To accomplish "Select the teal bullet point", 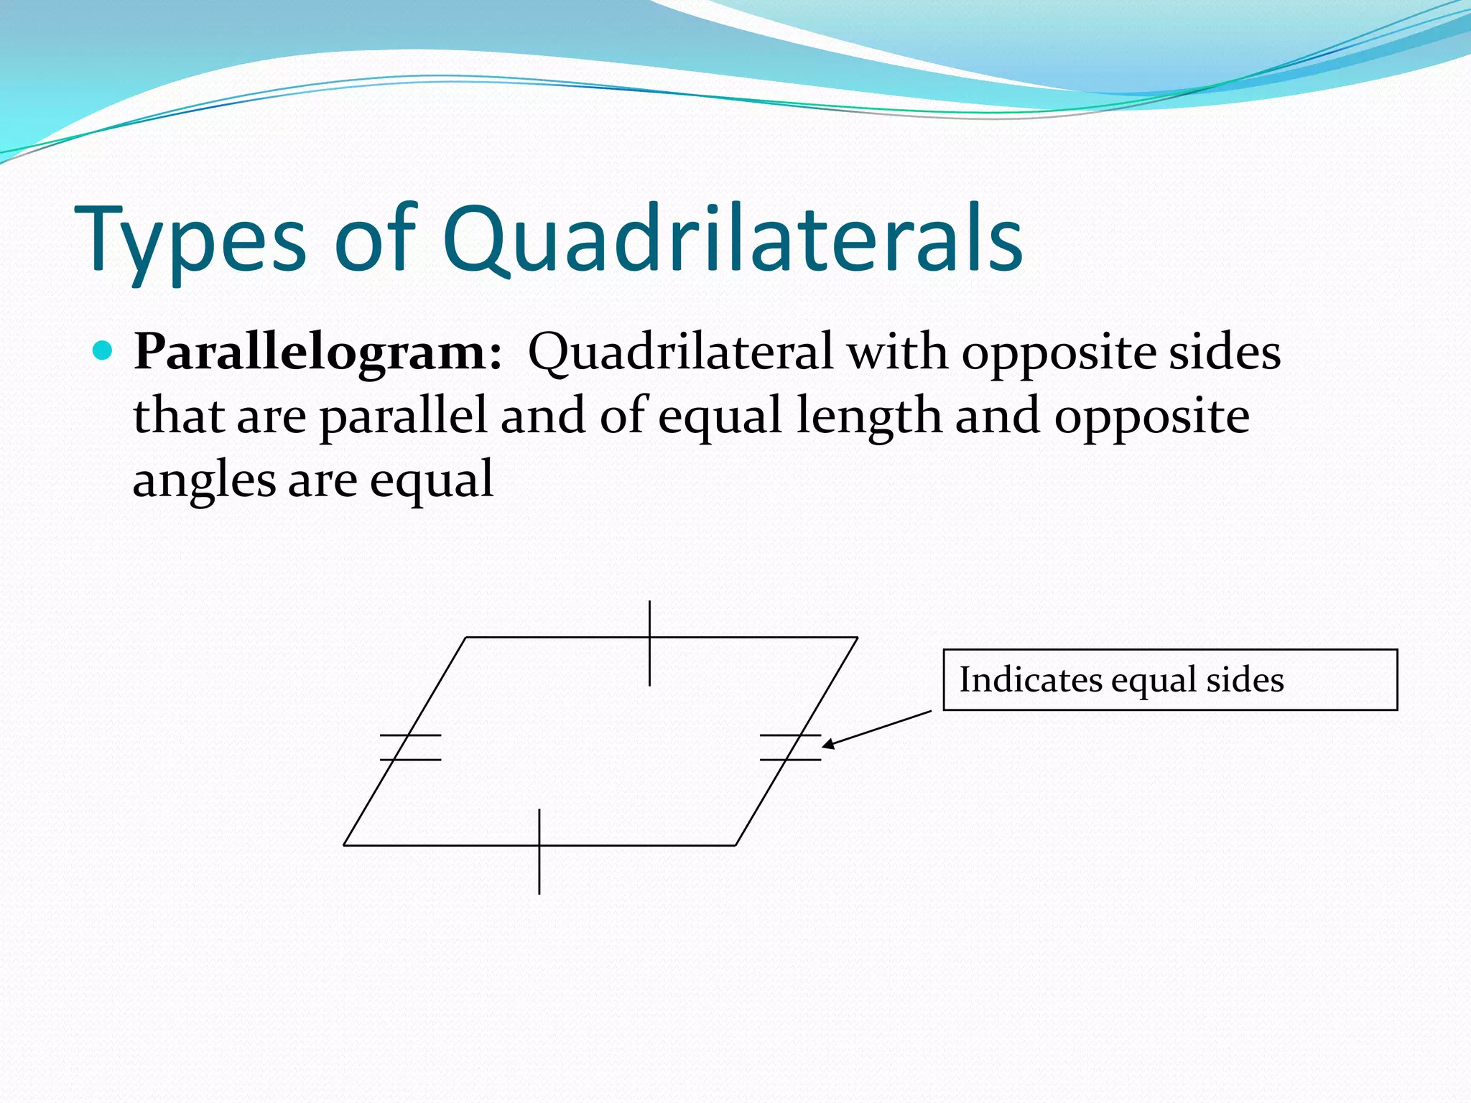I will (x=103, y=350).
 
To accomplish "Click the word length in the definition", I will (x=868, y=416).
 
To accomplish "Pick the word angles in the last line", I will (x=204, y=480).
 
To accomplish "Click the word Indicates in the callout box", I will (x=1031, y=679).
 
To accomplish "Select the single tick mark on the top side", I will (x=649, y=643).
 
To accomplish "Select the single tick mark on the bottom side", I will (x=539, y=851).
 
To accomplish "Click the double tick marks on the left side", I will (x=410, y=747).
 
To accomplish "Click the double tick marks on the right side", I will (x=790, y=747).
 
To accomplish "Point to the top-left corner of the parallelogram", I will (x=466, y=637).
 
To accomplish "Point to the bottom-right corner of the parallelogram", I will (x=735, y=845).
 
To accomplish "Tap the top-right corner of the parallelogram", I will (x=857, y=637).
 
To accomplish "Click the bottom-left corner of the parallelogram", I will (x=345, y=845).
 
